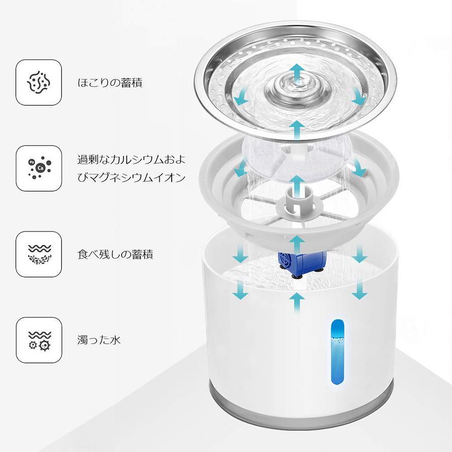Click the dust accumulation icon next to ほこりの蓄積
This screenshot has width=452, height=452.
(x=39, y=82)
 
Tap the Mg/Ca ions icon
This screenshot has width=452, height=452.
(x=39, y=168)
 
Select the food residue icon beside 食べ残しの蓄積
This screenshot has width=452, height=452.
(x=39, y=254)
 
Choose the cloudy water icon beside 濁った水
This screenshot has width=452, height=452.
(x=39, y=340)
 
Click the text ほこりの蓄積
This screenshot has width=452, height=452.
(x=110, y=83)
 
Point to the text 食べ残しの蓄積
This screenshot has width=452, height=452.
(x=115, y=254)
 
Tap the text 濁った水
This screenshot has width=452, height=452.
(x=99, y=340)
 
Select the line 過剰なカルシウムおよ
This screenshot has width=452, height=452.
(x=131, y=159)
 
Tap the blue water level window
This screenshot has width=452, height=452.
(x=337, y=352)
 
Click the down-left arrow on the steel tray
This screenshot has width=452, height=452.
(x=241, y=97)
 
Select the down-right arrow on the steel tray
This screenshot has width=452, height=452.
(x=359, y=97)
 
